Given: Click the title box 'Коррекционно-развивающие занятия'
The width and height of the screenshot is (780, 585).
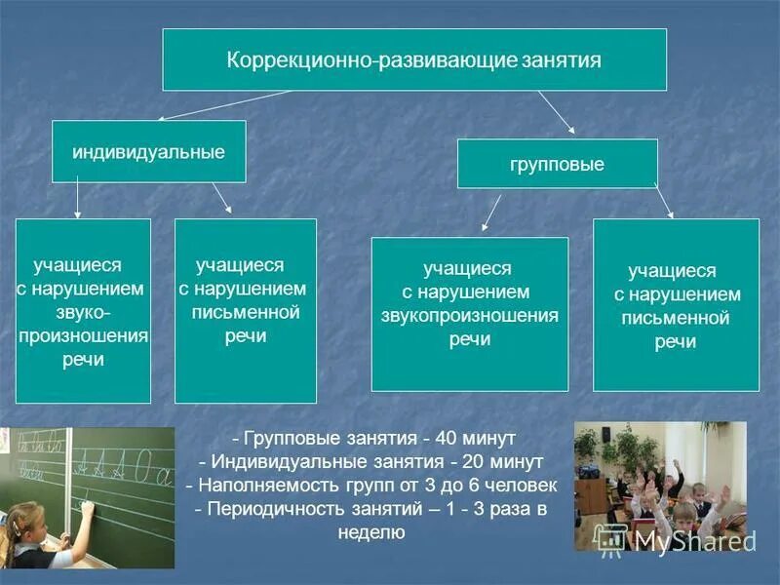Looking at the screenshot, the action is coord(414,59).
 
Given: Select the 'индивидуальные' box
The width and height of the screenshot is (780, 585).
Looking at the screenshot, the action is coord(148,151).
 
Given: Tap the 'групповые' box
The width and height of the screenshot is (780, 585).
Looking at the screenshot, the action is coord(557,164).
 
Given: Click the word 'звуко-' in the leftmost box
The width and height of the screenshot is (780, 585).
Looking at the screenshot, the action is coord(83,312).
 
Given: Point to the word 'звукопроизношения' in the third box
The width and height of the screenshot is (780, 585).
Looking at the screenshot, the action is coord(469,316).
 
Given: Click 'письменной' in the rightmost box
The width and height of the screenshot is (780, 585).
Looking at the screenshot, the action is coord(676,318).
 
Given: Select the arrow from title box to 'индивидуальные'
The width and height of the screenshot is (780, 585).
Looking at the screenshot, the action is coord(224,105).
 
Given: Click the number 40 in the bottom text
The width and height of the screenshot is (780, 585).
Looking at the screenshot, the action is coord(449,439).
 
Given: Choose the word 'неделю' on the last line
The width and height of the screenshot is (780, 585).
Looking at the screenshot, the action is coord(371,532).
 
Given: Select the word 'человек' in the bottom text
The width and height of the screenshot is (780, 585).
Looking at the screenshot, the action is coord(523,485).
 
